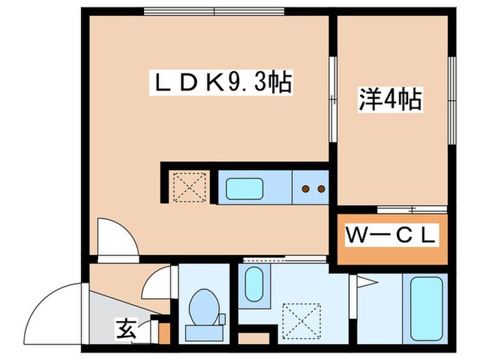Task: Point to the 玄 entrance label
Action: (125, 330)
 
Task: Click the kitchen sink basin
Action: (247, 187)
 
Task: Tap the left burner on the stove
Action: (307, 187)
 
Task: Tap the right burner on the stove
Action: (320, 187)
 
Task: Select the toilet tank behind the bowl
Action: (202, 331)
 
